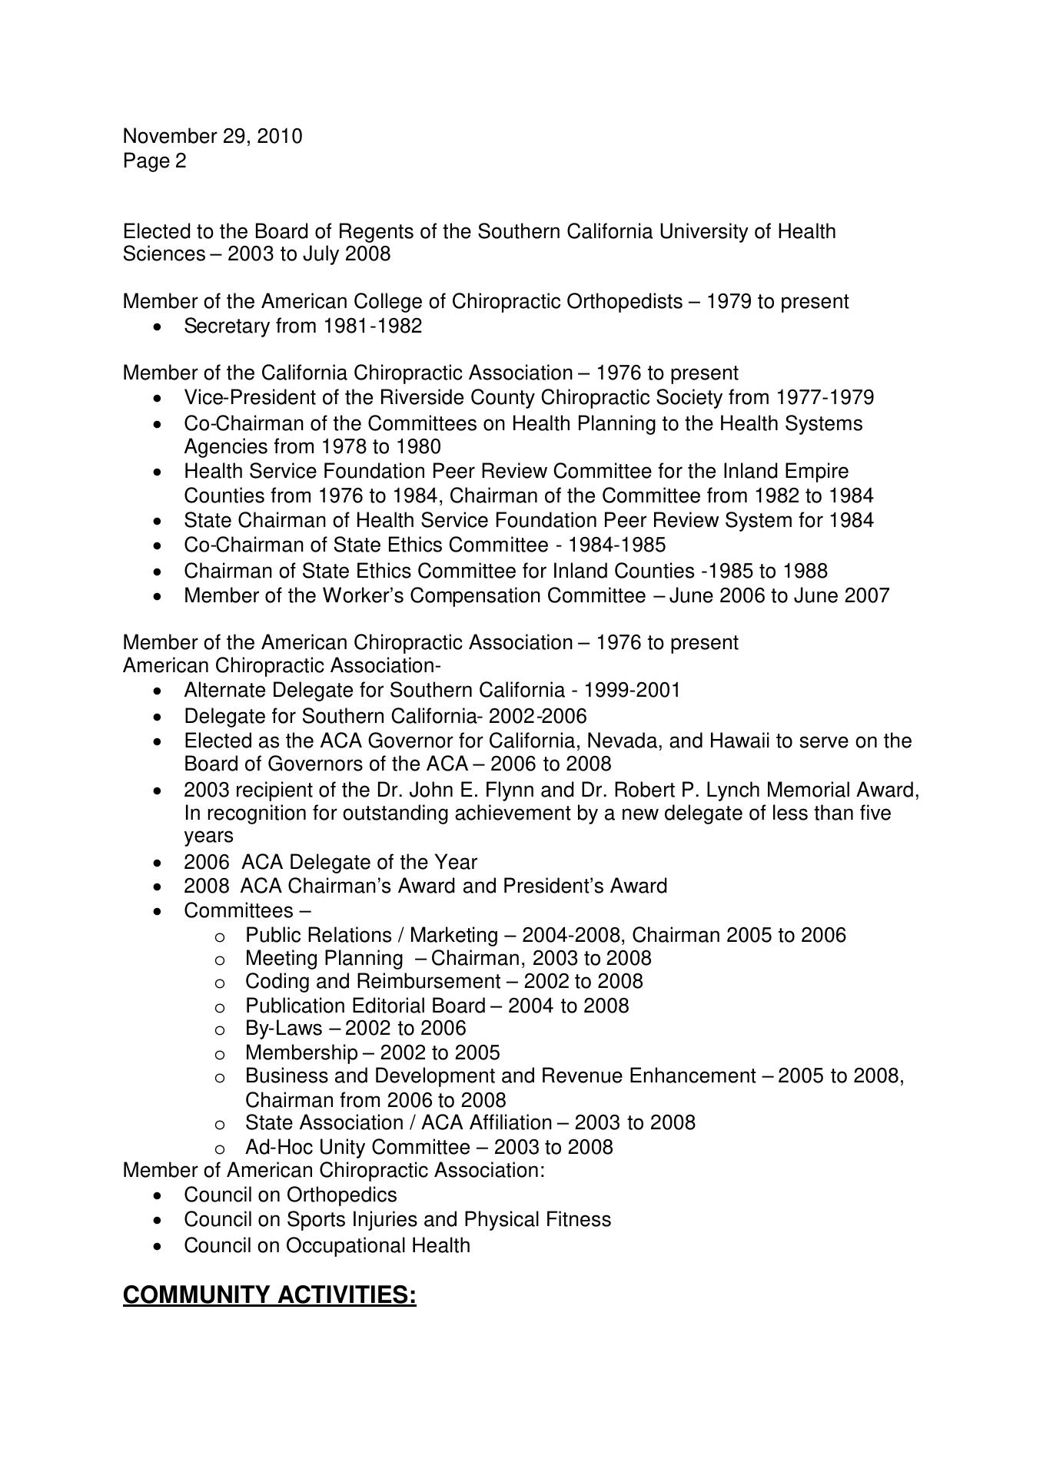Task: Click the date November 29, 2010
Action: (x=212, y=137)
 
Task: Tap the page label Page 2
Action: (x=154, y=161)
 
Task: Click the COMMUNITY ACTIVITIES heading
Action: (x=269, y=1295)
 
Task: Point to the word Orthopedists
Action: (x=623, y=301)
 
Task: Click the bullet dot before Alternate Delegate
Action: (x=158, y=691)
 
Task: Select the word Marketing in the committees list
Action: (x=453, y=936)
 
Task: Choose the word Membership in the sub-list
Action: (x=301, y=1053)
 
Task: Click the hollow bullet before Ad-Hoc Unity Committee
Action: (x=220, y=1149)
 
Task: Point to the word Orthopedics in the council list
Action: (x=341, y=1195)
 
